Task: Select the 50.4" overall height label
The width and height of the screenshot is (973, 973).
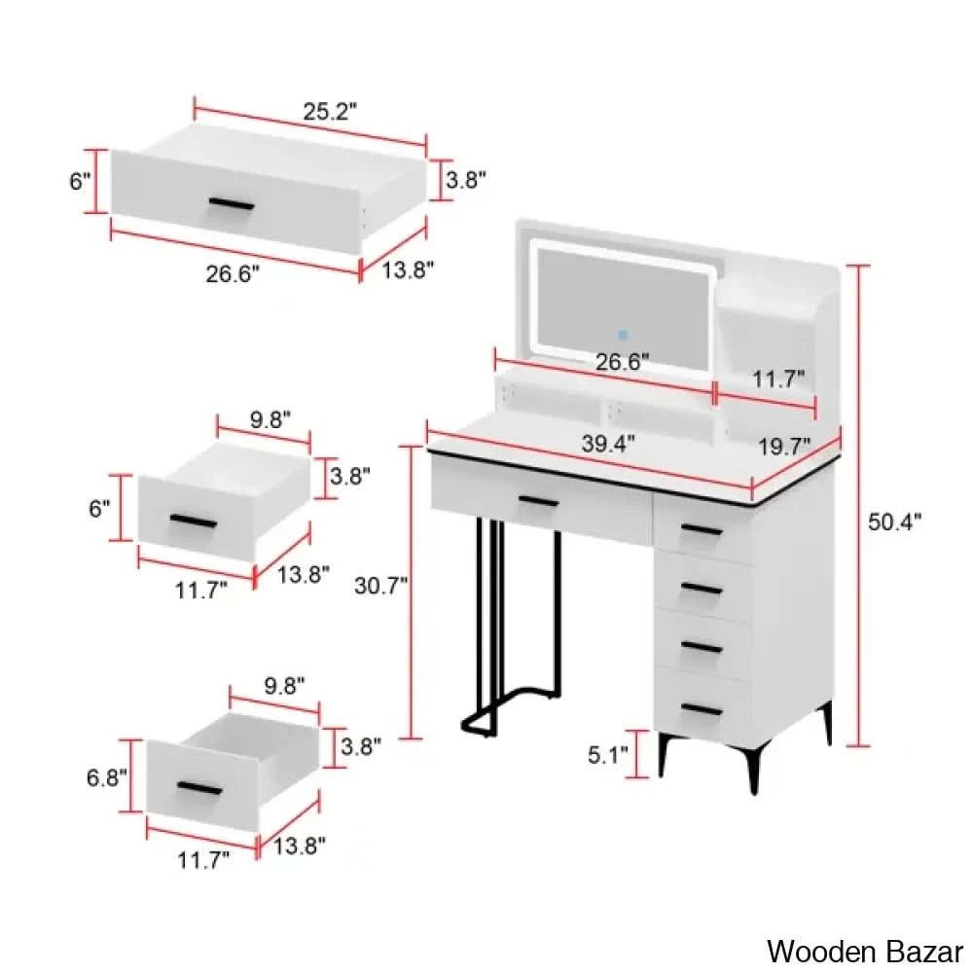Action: coord(894,522)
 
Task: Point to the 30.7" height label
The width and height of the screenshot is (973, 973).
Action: coord(381,585)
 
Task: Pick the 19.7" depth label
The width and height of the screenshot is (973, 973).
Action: coord(785,446)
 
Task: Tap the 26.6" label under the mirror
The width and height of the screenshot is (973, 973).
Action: coord(622,362)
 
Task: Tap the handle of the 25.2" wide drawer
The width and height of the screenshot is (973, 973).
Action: coord(232,204)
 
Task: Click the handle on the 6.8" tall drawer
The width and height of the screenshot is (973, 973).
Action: coord(198,786)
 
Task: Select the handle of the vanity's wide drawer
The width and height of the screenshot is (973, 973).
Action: coord(538,502)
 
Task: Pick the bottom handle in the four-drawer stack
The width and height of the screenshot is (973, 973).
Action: coord(702,709)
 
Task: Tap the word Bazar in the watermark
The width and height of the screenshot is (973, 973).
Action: coord(919,950)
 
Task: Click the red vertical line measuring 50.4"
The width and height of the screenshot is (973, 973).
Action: coord(857,506)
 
